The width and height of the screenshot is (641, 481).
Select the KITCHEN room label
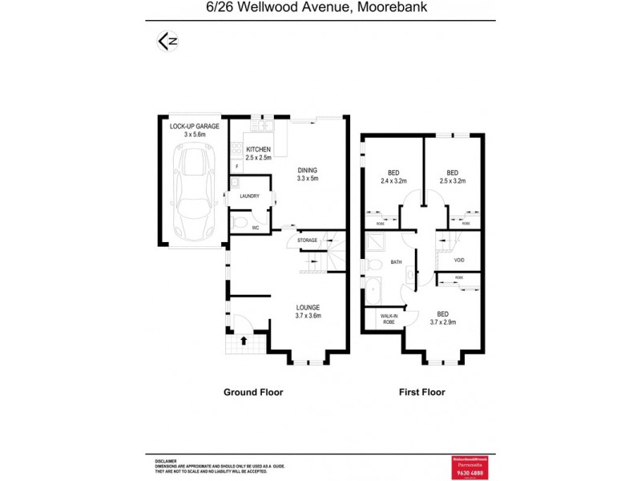pyautogui.click(x=258, y=153)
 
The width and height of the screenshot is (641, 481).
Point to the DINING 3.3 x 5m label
pyautogui.click(x=308, y=174)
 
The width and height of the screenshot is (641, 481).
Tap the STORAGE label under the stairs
pyautogui.click(x=307, y=240)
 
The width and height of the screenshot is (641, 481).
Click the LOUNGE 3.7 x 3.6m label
pyautogui.click(x=308, y=311)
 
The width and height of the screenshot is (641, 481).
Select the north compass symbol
pyautogui.click(x=167, y=41)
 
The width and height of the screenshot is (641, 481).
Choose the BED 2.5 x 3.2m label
pyautogui.click(x=453, y=176)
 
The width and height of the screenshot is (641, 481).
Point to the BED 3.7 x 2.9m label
pyautogui.click(x=442, y=318)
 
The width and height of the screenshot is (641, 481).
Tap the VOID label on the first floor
pyautogui.click(x=459, y=260)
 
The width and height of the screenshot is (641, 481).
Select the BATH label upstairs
pyautogui.click(x=395, y=262)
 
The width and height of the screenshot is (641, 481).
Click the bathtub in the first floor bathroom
pyautogui.click(x=373, y=290)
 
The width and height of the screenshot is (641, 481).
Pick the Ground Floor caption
pyautogui.click(x=253, y=393)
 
